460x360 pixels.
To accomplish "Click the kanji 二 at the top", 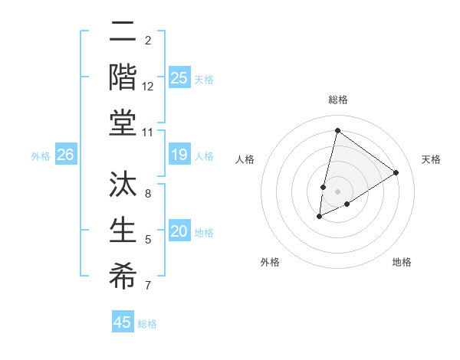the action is coord(123,34).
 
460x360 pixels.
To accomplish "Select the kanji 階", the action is coord(123,79).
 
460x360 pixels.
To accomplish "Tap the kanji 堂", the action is coord(123,123).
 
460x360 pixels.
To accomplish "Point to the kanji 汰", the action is coord(123,188).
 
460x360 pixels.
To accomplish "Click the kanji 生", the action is coord(123,233).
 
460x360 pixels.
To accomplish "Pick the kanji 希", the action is coord(123,277).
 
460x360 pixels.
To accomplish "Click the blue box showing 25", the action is coord(179,77).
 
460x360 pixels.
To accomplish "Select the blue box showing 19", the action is coord(179,155).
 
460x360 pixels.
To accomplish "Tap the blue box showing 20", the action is coord(179,232).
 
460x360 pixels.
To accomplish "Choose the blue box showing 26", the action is coord(65,155).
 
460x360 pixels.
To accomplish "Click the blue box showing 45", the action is coord(123,322).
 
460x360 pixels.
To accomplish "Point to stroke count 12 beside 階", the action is coord(148,87).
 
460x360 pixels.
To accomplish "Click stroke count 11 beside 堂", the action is coord(148,133).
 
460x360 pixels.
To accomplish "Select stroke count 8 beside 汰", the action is coord(148,194).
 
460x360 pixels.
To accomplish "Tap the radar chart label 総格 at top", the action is coord(337,100).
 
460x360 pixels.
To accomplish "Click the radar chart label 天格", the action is coord(431,159).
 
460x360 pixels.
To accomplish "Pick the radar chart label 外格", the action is coord(270,262).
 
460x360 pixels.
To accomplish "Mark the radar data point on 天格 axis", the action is coord(396,172).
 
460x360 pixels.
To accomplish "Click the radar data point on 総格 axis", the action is coord(337,131).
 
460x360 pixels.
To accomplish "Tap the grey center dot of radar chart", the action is coord(337,191).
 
